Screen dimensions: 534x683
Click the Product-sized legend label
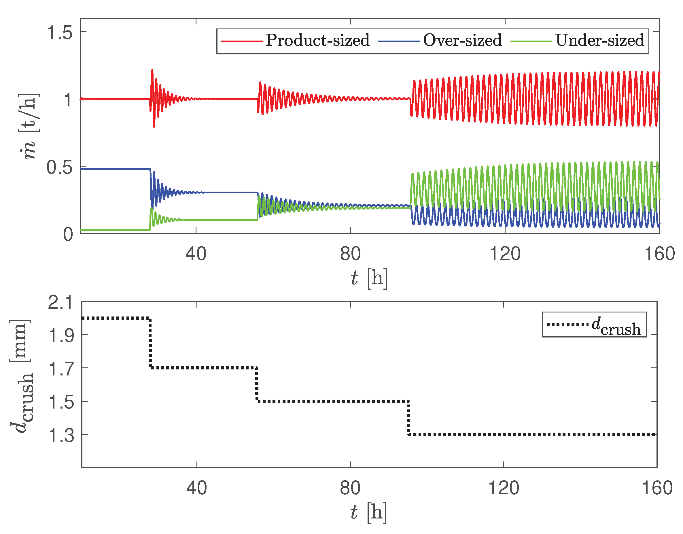(x=317, y=40)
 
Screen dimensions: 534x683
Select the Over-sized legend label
(x=462, y=40)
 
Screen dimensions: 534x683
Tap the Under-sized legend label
(x=599, y=40)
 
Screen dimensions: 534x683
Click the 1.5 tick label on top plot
(x=59, y=32)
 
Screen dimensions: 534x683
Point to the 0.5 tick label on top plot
(x=59, y=167)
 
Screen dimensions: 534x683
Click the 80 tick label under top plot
(x=350, y=253)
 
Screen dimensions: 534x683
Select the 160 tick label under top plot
(x=659, y=253)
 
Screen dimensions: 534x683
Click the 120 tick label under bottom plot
(x=503, y=488)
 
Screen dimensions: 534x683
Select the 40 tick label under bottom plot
(x=196, y=488)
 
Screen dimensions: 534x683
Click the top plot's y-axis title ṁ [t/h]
(x=29, y=127)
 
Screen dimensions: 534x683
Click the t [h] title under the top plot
(x=369, y=278)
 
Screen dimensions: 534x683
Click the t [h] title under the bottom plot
(x=368, y=512)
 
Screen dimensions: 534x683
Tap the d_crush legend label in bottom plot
(x=616, y=326)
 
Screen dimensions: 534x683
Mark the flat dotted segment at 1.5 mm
(x=332, y=401)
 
